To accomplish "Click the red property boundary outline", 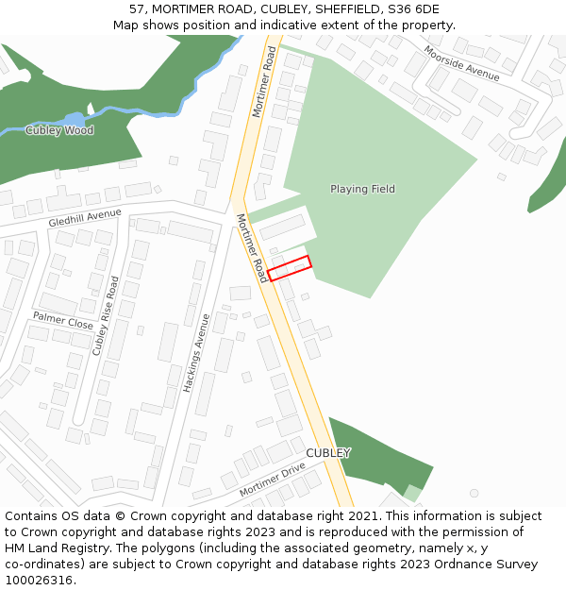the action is click(x=289, y=268).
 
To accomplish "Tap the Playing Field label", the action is click(x=362, y=189).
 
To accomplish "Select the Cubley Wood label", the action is click(x=59, y=130).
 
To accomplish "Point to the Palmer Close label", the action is click(x=63, y=320).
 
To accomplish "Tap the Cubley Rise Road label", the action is click(x=106, y=315).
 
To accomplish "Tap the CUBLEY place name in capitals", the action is click(x=328, y=453).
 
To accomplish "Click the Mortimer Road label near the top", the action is click(x=263, y=81).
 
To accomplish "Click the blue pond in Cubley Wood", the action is click(x=74, y=120).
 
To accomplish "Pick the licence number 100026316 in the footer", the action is click(x=40, y=580).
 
